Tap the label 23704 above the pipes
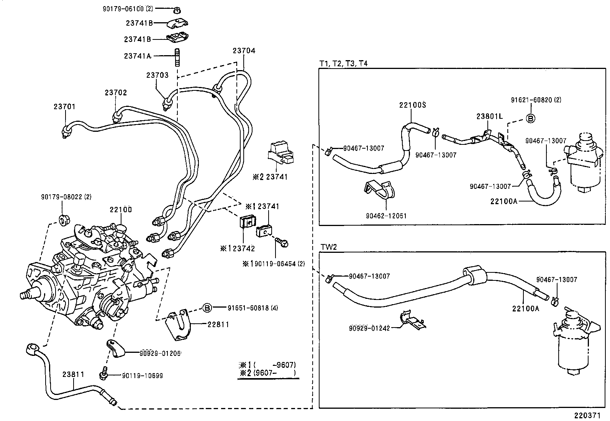[x=244, y=51]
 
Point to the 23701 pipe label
[x=64, y=107]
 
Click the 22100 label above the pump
[x=121, y=210]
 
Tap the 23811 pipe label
[x=73, y=374]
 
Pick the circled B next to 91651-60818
[x=207, y=308]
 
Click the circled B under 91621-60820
[x=530, y=118]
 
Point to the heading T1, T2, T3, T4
[x=343, y=64]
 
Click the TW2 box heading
[x=328, y=247]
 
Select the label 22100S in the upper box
[x=412, y=105]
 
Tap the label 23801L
[x=489, y=116]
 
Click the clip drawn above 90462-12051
[x=380, y=190]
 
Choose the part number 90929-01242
[x=369, y=328]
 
